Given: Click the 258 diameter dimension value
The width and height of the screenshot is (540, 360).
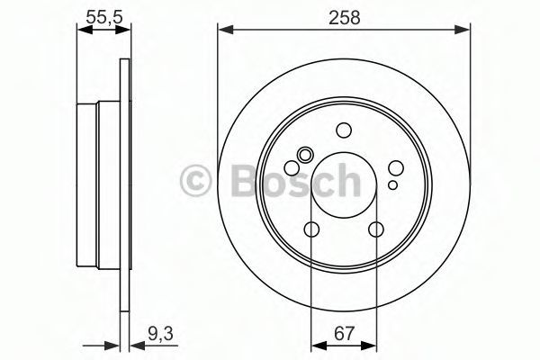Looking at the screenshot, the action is click(x=345, y=17).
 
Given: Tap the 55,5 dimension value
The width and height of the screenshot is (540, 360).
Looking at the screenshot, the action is click(x=104, y=17).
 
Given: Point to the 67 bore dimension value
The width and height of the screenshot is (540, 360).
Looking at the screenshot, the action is click(x=344, y=334).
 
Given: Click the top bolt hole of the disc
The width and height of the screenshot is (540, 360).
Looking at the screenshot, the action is click(x=344, y=130).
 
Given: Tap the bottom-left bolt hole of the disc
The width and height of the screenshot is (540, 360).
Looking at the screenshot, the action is click(x=312, y=229).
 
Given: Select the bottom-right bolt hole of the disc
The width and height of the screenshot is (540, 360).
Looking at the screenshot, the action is click(x=375, y=229).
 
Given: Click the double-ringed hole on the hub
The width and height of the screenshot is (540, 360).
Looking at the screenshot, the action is click(x=305, y=155).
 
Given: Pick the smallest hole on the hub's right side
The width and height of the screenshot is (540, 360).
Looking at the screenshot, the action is click(x=392, y=185).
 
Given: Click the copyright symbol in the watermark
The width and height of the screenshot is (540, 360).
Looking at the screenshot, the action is click(x=195, y=180).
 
